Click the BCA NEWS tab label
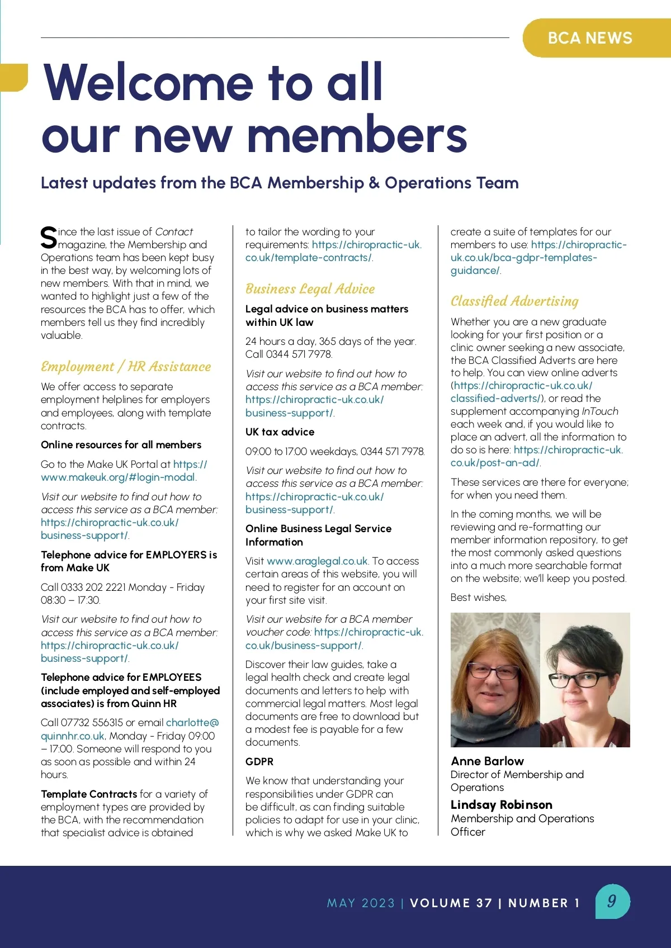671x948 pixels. [x=590, y=38]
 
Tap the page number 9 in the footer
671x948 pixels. [x=612, y=901]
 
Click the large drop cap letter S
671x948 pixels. [x=49, y=238]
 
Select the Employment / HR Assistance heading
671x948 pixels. [x=126, y=367]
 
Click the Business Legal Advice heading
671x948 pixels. [x=310, y=289]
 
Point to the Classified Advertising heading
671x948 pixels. [x=514, y=301]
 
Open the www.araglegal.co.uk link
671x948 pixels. [x=317, y=561]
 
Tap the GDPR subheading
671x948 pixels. [x=259, y=761]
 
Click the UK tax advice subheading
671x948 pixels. [x=280, y=432]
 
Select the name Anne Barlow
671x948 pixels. [x=487, y=761]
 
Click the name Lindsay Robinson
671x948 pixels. [x=501, y=805]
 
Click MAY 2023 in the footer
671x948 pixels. [x=361, y=903]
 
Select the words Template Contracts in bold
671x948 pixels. [x=88, y=794]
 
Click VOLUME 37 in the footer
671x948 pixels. [x=451, y=903]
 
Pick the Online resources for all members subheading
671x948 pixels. [x=121, y=445]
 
